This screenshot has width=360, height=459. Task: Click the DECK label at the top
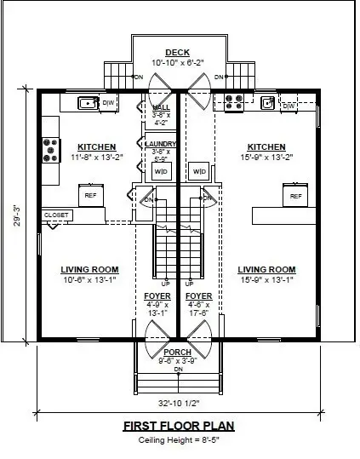pos(177,53)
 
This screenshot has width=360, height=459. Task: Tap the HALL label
pos(161,106)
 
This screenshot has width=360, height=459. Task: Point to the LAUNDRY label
pos(161,145)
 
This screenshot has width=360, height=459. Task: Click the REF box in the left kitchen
pos(90,195)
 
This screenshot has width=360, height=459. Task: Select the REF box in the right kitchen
pos(295,196)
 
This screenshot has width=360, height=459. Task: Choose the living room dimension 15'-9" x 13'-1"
pos(266,279)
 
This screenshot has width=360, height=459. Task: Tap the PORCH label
pos(178,351)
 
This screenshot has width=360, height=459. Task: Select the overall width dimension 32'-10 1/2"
pos(177,404)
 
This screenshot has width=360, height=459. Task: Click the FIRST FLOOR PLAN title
pos(177,426)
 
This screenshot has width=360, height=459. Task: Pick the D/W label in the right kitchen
pos(289,105)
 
